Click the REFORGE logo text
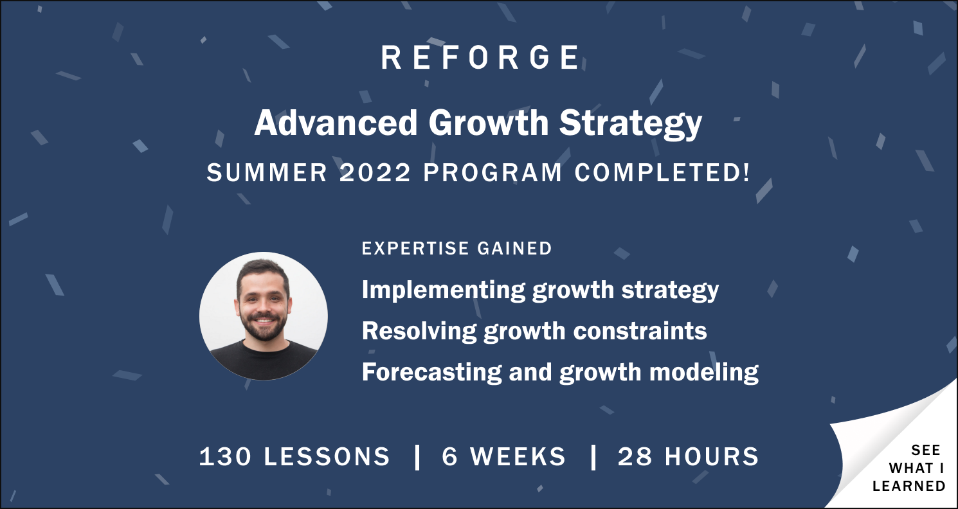tap(480, 57)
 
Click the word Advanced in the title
tap(336, 123)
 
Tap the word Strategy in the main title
tap(630, 125)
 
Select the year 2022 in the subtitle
tap(375, 173)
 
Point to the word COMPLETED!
tap(662, 173)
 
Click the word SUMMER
tap(267, 173)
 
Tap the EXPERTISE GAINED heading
tap(456, 248)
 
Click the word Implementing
tap(444, 290)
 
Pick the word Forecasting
tap(431, 373)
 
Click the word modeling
tap(704, 373)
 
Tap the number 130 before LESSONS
tap(226, 456)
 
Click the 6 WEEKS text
tap(504, 456)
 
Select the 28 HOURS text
tap(688, 456)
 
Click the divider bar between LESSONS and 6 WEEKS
tap(417, 458)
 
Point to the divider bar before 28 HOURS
tap(593, 458)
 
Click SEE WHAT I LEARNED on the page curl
tap(909, 468)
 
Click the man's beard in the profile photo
tap(264, 328)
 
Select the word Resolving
tap(419, 332)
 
